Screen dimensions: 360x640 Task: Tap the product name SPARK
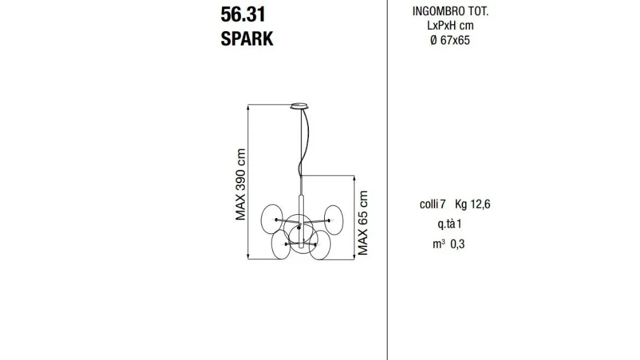[x=247, y=39]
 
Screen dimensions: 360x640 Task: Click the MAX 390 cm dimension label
[x=240, y=184]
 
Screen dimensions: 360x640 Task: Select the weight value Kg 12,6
[x=473, y=204]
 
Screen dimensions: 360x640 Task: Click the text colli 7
[x=433, y=204]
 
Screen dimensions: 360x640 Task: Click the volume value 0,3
[x=457, y=244]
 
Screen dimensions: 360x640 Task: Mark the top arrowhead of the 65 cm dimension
[x=355, y=177]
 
